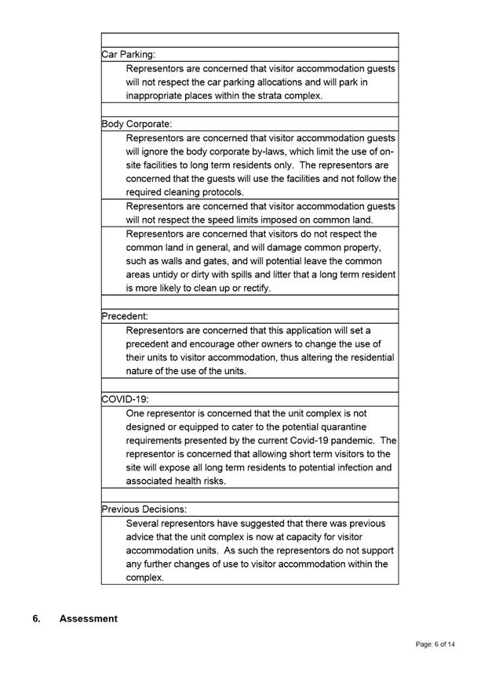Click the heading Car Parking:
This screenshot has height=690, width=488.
129,55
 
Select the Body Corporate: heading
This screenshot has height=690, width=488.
137,124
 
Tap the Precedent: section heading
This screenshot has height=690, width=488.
125,316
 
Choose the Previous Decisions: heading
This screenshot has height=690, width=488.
144,509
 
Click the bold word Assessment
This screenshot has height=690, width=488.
89,619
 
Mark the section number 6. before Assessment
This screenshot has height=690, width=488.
37,619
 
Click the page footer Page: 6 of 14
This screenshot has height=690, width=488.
435,645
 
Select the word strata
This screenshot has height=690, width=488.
274,96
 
